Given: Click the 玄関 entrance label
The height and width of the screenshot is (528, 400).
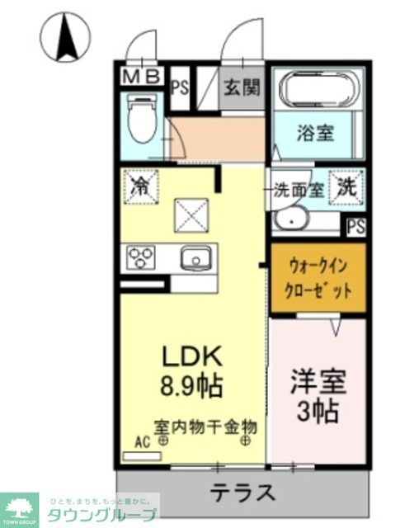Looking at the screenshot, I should coord(241,87).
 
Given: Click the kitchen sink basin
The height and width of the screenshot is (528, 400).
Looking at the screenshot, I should coord(195,258).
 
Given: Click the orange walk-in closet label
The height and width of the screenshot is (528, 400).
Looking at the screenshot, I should coord(318,278).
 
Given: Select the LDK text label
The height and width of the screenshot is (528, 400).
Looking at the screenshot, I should coord(191,356).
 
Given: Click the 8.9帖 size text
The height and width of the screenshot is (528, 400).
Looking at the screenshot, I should coord(191,385).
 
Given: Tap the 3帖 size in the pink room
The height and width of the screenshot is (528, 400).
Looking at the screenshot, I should coord(318,410).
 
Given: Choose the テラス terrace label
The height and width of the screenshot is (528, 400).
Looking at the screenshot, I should coord(242,493).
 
